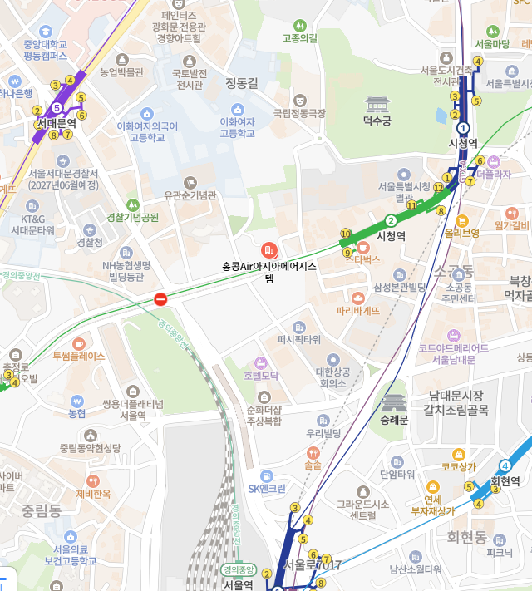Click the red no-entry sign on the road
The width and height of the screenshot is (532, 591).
[x=161, y=299]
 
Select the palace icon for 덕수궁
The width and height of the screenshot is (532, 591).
[x=377, y=105]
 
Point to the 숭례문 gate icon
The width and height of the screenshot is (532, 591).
[x=393, y=403]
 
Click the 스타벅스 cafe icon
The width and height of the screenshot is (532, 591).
[x=362, y=247]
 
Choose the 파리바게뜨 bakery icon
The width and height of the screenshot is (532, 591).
[x=358, y=297]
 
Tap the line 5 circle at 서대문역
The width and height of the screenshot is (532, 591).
[x=57, y=108]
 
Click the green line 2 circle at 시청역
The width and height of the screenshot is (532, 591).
[x=391, y=220]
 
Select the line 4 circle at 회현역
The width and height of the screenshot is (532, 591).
[x=505, y=465]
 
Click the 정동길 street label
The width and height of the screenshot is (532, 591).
[x=242, y=82]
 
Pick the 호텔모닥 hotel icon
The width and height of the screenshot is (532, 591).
[x=264, y=362]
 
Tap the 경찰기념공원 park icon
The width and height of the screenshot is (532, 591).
[x=131, y=204]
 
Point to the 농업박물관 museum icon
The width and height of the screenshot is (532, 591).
[x=122, y=59]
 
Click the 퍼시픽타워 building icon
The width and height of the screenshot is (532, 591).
[x=298, y=327]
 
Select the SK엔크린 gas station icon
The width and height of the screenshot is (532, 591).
[x=266, y=475]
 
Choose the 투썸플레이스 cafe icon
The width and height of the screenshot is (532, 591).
[x=78, y=342]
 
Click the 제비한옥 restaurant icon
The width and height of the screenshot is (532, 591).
[x=93, y=480]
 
